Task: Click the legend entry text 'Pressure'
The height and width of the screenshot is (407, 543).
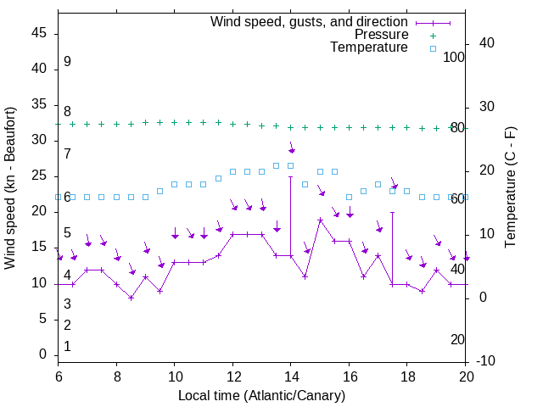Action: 381,35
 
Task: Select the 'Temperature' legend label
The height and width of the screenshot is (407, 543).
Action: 369,47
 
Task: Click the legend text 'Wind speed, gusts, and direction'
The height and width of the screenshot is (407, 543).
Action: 310,21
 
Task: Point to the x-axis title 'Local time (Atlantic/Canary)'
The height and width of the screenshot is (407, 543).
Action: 262,396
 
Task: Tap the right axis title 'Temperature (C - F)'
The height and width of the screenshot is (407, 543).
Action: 510,188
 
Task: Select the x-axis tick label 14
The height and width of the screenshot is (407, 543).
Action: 290,376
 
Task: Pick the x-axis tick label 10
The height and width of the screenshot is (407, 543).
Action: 174,376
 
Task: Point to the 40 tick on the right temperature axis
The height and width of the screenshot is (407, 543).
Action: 482,43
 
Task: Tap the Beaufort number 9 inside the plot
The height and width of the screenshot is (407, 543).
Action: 67,62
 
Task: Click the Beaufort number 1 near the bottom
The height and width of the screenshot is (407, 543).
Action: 67,346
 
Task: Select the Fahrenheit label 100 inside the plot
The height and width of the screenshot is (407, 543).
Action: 454,57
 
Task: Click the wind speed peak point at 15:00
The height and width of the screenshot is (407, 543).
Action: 320,220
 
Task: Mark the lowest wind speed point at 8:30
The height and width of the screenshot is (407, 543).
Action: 131,298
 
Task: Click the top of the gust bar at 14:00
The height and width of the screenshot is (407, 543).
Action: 290,176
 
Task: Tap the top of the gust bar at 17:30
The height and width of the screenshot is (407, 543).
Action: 392,212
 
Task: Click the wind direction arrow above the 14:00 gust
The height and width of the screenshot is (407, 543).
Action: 291,148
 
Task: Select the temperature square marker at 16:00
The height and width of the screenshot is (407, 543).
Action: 349,197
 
